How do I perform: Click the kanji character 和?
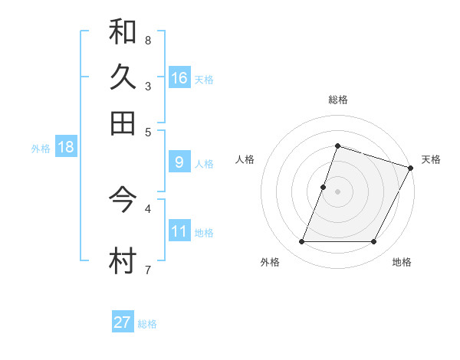123,31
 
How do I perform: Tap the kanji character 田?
123,122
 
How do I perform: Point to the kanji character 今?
123,200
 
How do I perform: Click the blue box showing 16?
179,78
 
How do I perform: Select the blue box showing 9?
179,162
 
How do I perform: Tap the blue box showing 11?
179,231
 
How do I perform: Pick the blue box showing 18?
65,148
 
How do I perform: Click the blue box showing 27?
123,322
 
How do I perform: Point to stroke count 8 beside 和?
147,40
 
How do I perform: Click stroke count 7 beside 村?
147,269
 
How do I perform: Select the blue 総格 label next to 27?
147,324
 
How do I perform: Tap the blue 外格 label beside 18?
40,149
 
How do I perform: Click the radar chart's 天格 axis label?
431,159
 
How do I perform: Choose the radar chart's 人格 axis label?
245,159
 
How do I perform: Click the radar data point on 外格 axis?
301,242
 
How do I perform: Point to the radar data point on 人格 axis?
324,187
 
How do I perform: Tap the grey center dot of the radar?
337,191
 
